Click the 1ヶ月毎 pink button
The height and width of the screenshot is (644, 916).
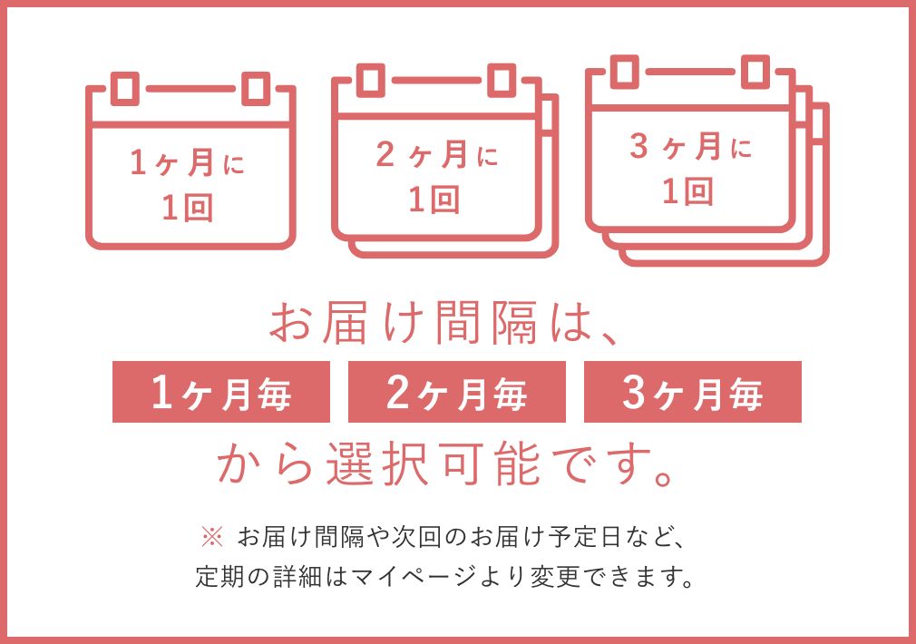tap(221, 392)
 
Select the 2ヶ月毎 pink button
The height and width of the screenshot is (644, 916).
tap(457, 392)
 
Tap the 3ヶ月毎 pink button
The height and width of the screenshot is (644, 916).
tap(693, 392)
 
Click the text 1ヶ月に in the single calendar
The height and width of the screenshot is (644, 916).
tap(189, 164)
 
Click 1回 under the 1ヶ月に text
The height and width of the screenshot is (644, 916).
tap(189, 209)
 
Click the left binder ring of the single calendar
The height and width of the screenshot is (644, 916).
tap(126, 89)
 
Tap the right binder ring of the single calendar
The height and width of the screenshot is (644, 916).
tap(255, 89)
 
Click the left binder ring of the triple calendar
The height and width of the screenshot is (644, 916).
tap(624, 72)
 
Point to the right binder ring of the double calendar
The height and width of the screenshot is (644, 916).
tap(501, 80)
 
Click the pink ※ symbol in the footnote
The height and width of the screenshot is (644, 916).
tap(210, 537)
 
